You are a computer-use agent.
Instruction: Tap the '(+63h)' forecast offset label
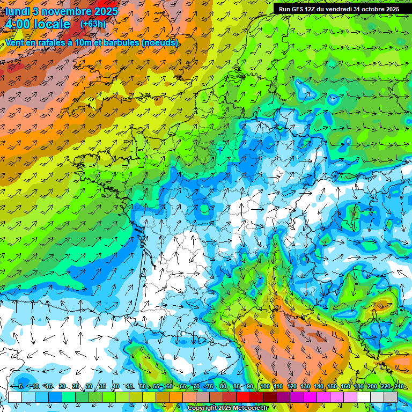click(93, 24)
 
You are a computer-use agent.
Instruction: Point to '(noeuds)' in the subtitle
click(158, 42)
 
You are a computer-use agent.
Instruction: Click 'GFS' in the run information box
click(297, 9)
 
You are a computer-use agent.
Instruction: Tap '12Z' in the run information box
click(311, 9)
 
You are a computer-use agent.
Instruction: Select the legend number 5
click(20, 386)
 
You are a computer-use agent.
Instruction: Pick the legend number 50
click(142, 386)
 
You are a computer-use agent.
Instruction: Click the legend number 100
click(264, 386)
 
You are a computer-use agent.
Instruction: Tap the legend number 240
click(399, 386)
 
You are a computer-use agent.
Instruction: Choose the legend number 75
click(209, 386)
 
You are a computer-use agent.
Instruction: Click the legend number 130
click(305, 386)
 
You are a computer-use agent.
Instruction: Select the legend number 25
click(75, 386)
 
